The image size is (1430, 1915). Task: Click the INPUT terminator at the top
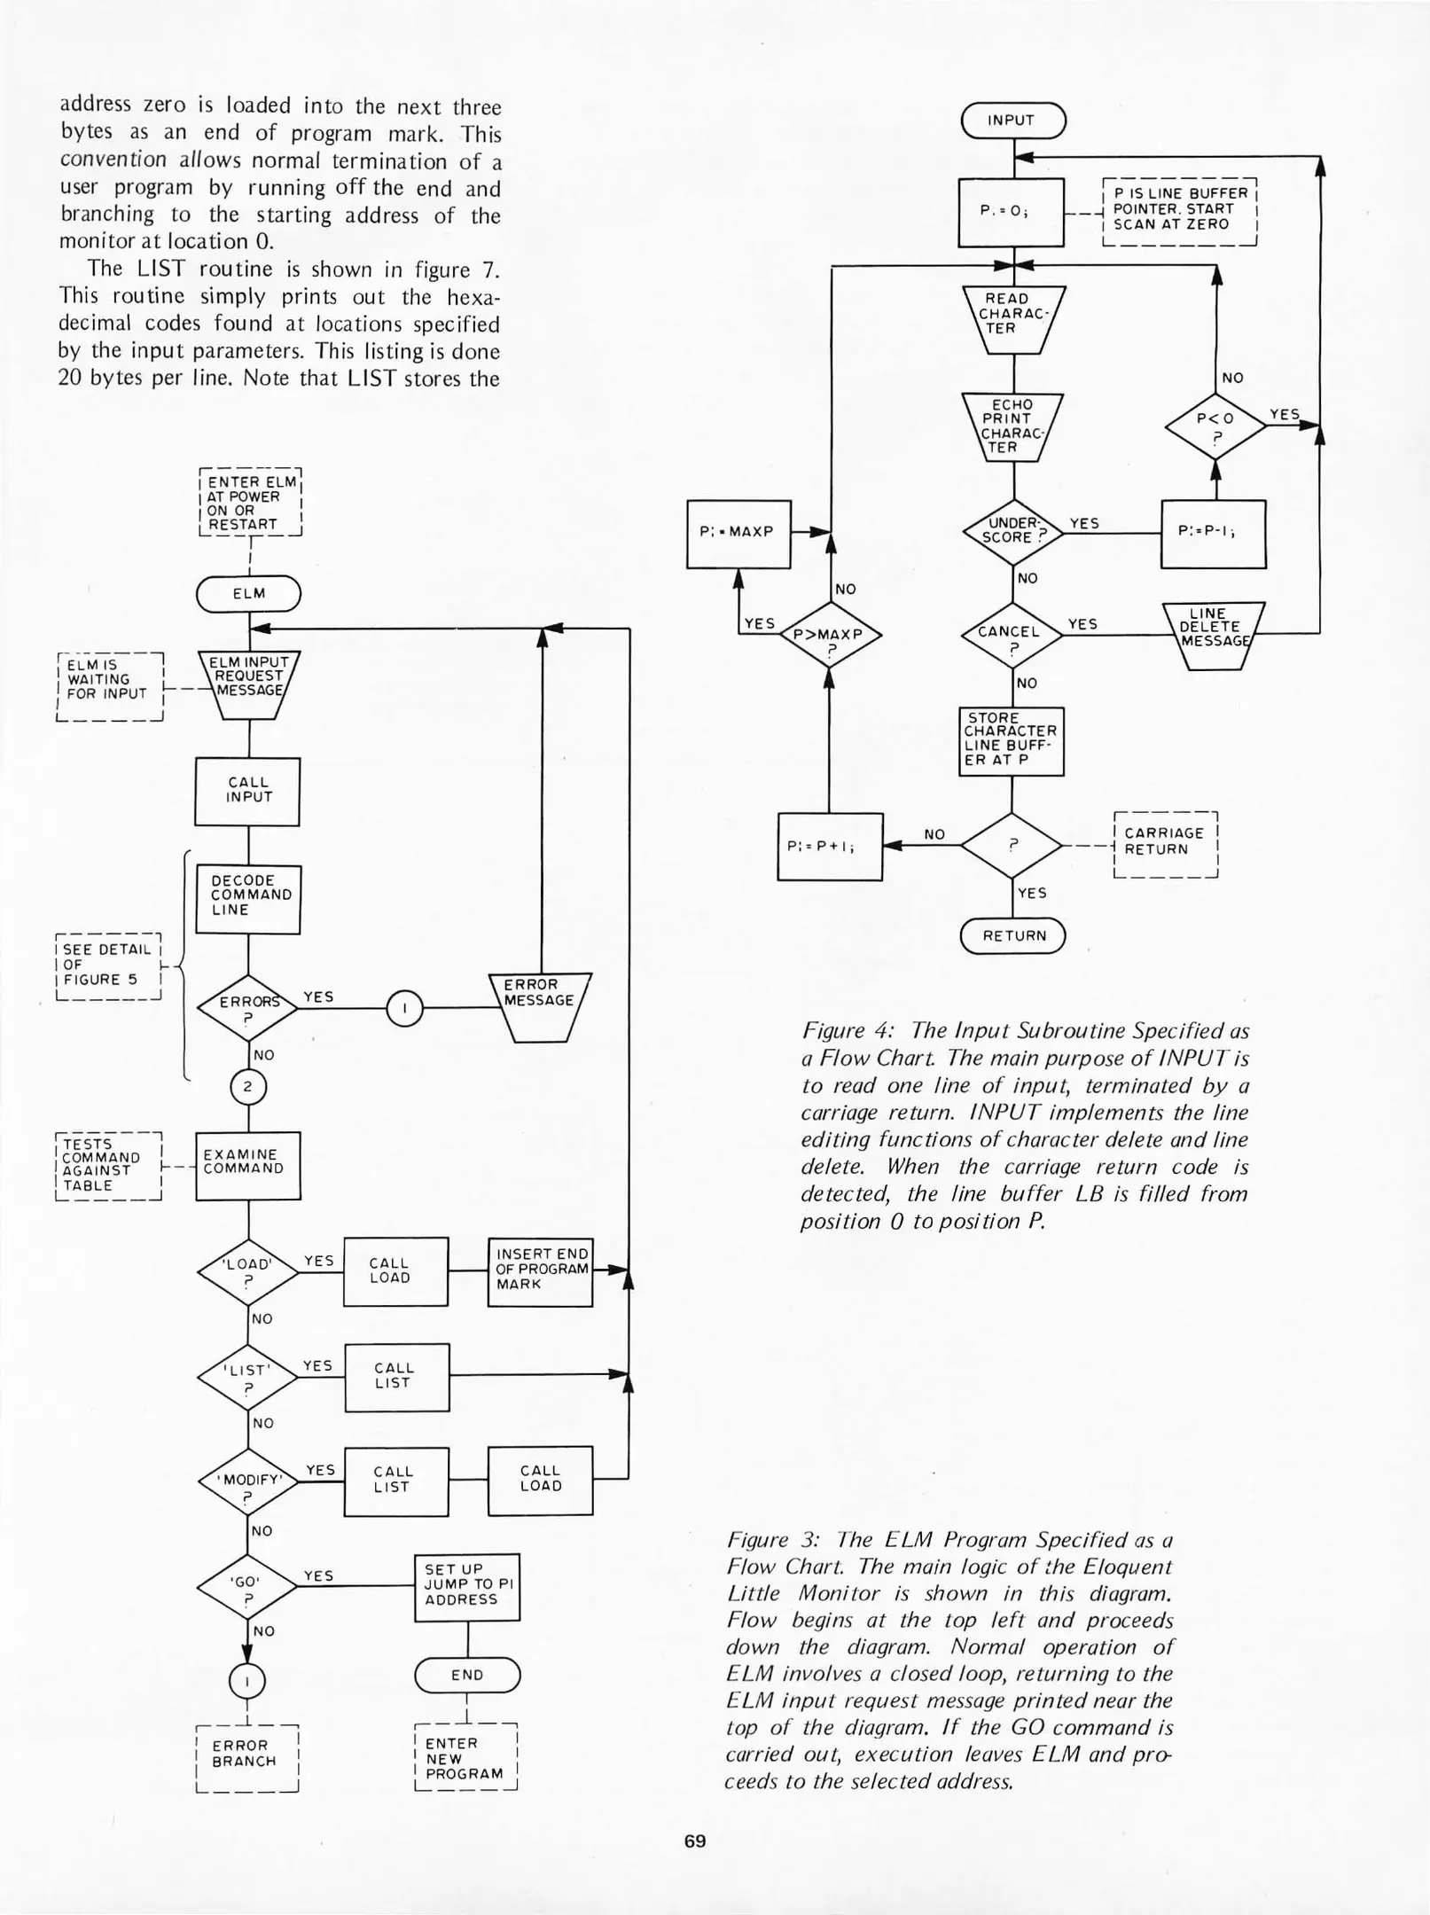pyautogui.click(x=1012, y=121)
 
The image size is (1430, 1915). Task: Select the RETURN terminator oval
pyautogui.click(x=1012, y=935)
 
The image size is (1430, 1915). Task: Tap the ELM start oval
pyautogui.click(x=248, y=594)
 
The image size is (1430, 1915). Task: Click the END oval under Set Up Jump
pyautogui.click(x=466, y=1675)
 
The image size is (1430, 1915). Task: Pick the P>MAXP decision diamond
pyautogui.click(x=828, y=636)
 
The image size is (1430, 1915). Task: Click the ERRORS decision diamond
pyautogui.click(x=248, y=1005)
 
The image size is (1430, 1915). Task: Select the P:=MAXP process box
pyautogui.click(x=738, y=533)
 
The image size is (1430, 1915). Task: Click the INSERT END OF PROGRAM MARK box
pyautogui.click(x=540, y=1270)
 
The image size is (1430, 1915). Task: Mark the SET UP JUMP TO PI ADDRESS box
pyautogui.click(x=466, y=1586)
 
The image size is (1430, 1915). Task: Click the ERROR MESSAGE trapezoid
pyautogui.click(x=539, y=1004)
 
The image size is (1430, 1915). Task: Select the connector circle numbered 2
pyautogui.click(x=248, y=1087)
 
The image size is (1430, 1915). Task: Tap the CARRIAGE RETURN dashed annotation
pyautogui.click(x=1165, y=841)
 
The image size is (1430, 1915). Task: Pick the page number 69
pyautogui.click(x=695, y=1841)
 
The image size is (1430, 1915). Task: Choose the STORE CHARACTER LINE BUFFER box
pyautogui.click(x=1011, y=740)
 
